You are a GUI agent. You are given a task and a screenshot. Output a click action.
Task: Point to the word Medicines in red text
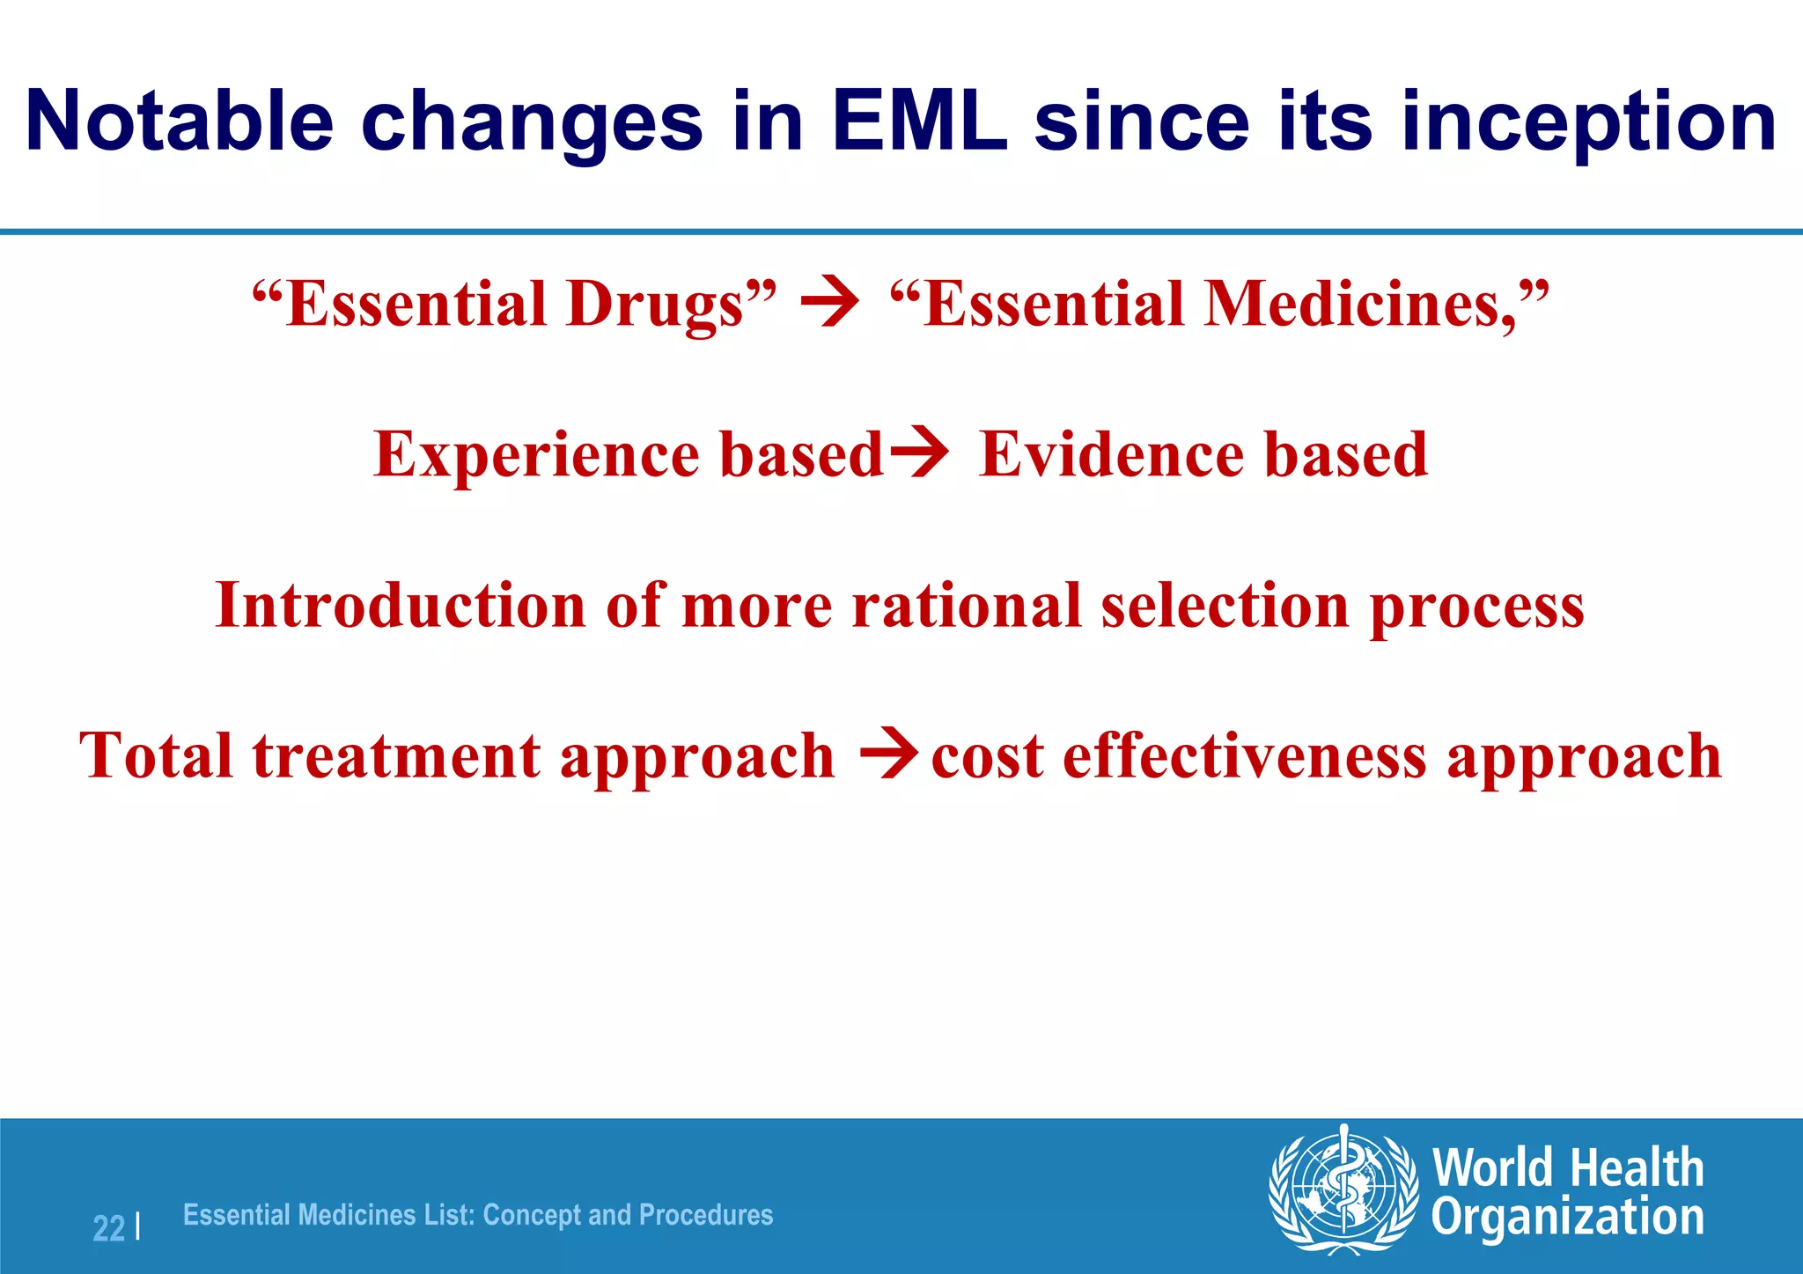pyautogui.click(x=1356, y=305)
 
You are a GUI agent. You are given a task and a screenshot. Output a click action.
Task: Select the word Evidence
pyautogui.click(x=1111, y=455)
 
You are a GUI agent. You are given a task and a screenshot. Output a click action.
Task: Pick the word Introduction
pyautogui.click(x=401, y=606)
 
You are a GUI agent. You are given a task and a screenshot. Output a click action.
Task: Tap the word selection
pyautogui.click(x=1224, y=606)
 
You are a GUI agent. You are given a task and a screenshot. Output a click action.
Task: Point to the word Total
pyautogui.click(x=156, y=756)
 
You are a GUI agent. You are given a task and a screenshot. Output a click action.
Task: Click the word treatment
pyautogui.click(x=396, y=756)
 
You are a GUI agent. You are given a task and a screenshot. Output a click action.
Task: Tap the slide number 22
pyautogui.click(x=108, y=1227)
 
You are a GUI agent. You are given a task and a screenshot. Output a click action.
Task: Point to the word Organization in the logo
pyautogui.click(x=1567, y=1218)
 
